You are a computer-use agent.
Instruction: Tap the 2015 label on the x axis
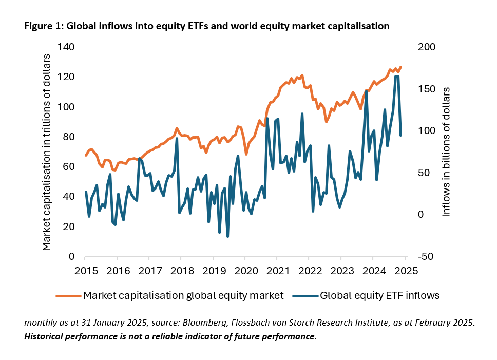coord(85,271)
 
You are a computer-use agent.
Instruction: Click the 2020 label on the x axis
coord(245,271)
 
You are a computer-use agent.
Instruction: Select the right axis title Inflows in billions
coord(446,151)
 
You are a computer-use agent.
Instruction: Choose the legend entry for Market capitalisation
coord(183,295)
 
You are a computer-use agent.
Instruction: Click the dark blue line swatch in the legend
coord(305,296)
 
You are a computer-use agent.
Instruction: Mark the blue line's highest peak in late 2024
coord(396,76)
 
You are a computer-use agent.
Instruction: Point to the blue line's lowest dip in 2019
coord(227,237)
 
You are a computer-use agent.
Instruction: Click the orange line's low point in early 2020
coord(246,154)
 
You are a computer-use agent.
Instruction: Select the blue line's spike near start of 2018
coord(177,138)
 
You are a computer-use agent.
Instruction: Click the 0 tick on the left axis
coord(72,257)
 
